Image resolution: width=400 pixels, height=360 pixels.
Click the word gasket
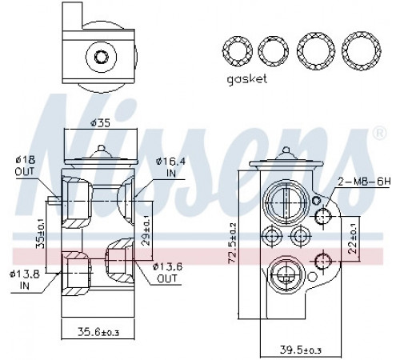246,79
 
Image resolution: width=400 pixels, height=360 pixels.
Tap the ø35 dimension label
100,123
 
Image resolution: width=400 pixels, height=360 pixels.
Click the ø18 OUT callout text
25,166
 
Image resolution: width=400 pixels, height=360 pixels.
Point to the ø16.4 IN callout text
170,167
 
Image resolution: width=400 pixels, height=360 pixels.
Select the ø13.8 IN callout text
25,280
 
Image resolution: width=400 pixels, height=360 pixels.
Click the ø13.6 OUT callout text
167,272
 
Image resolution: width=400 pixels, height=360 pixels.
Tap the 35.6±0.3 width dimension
98,332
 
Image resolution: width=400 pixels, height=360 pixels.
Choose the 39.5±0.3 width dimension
301,350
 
